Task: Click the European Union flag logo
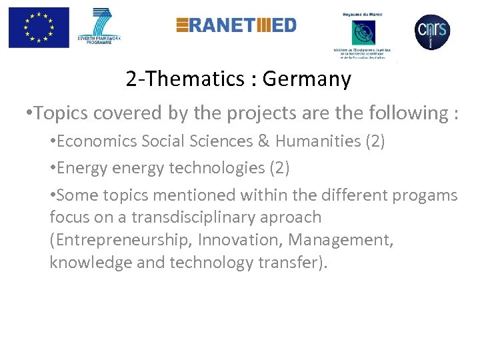coord(39,27)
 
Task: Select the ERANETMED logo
coord(236,25)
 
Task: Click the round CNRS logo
coord(432,31)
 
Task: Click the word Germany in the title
coord(307,79)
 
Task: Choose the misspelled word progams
coord(425,195)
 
